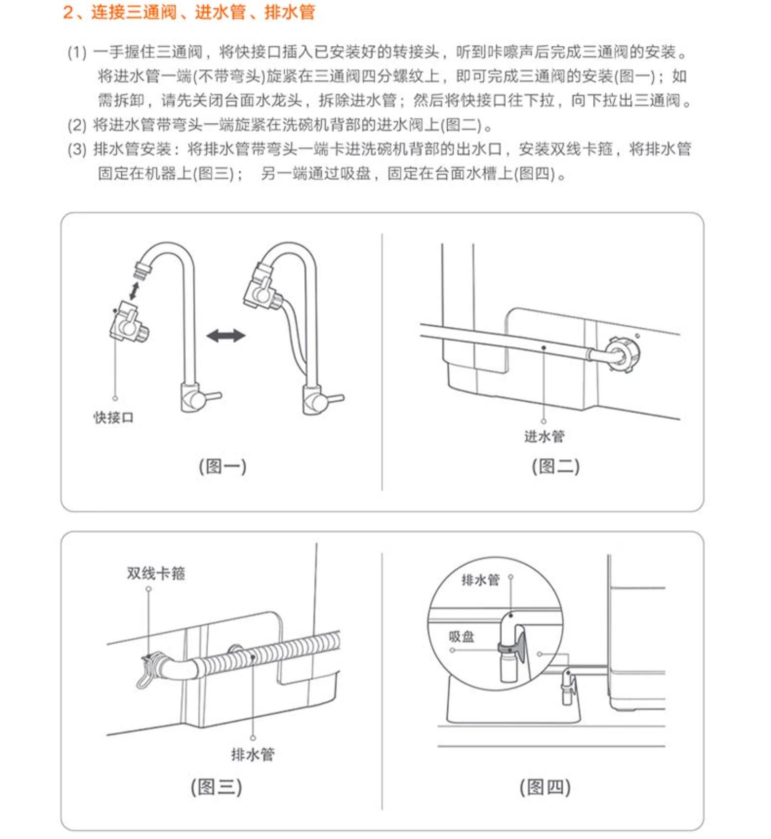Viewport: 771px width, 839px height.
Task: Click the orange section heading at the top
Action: click(x=189, y=12)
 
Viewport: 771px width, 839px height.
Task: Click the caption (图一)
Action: click(x=223, y=467)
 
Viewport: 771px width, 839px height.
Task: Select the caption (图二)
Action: click(x=556, y=467)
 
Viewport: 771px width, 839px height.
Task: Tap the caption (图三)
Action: click(x=216, y=787)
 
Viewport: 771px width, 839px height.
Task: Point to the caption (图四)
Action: click(x=545, y=787)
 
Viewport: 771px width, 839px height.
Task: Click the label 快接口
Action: click(x=114, y=418)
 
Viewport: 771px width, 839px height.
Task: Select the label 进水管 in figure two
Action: click(x=544, y=437)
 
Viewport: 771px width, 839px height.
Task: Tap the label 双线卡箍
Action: click(x=156, y=573)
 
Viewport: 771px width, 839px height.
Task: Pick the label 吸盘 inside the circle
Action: click(x=461, y=637)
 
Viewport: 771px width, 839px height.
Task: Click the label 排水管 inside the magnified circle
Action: click(x=481, y=580)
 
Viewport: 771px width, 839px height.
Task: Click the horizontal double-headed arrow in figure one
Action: click(x=226, y=336)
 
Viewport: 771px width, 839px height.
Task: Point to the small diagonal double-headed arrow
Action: click(x=135, y=290)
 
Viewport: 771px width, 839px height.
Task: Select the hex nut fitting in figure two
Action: click(x=623, y=353)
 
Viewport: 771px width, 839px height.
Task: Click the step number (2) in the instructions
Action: click(x=77, y=125)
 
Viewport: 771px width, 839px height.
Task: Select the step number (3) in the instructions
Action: click(x=77, y=150)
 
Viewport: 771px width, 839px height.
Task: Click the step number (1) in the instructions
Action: click(x=77, y=52)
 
